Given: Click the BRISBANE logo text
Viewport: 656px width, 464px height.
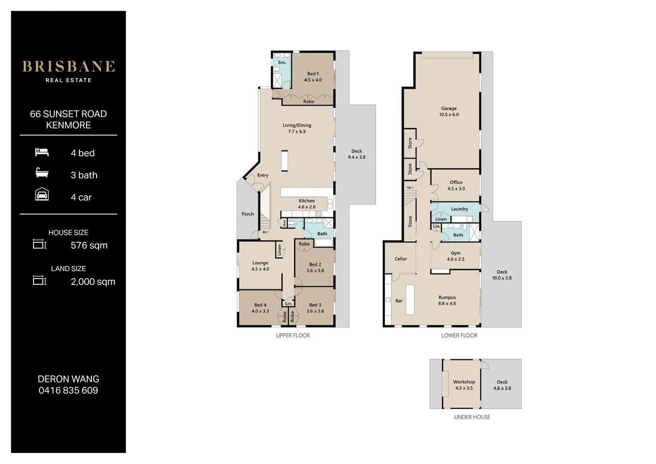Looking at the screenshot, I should click(x=68, y=67).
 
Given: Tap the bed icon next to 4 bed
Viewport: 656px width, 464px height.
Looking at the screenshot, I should click(x=42, y=152).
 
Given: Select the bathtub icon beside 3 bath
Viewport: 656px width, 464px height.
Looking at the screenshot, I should click(x=42, y=173).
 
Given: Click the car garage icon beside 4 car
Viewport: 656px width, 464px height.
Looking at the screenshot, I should click(x=42, y=195).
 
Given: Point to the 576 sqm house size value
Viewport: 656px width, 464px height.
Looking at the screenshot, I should click(x=89, y=245).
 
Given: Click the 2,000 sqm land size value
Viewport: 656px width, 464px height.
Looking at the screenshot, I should click(x=93, y=282).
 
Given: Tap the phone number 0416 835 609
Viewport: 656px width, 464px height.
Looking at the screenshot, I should click(x=68, y=391).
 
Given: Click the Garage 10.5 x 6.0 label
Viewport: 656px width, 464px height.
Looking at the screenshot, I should click(x=449, y=112).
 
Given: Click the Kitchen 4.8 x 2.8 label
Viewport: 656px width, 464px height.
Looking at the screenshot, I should click(x=307, y=204).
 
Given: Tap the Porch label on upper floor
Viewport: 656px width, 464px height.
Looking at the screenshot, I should click(x=248, y=214).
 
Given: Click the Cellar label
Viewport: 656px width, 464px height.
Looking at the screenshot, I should click(x=401, y=259).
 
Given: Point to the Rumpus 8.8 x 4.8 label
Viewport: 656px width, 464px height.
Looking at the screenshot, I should click(x=447, y=300).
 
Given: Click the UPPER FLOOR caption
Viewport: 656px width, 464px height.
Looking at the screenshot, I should click(x=293, y=336).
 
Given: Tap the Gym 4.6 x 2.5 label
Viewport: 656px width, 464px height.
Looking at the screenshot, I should click(x=456, y=256).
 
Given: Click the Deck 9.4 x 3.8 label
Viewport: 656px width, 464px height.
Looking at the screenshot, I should click(x=356, y=154).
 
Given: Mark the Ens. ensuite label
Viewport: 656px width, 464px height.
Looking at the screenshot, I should click(x=282, y=62).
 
